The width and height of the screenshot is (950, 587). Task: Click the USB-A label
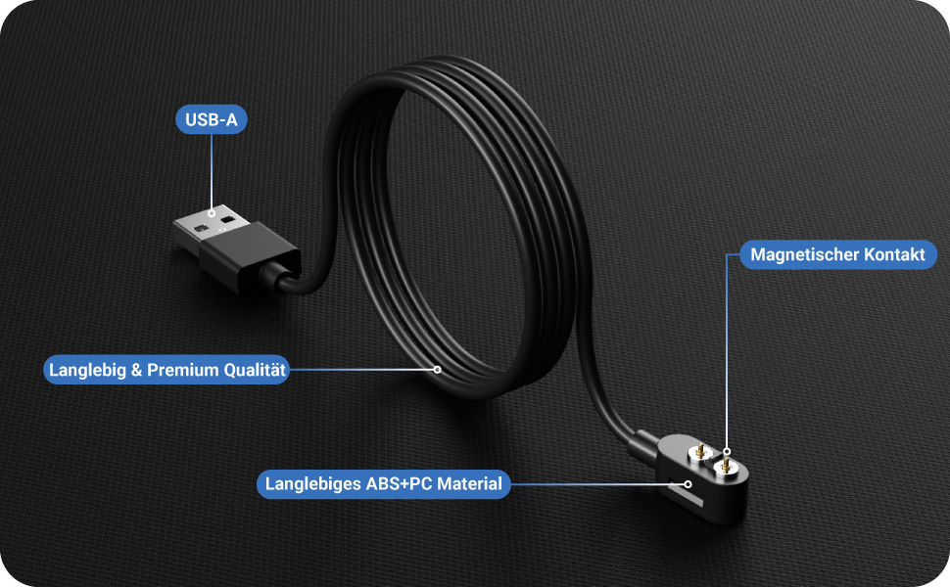coord(212,120)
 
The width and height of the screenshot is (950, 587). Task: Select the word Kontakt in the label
coord(894,255)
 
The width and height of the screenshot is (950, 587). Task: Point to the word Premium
coord(179,371)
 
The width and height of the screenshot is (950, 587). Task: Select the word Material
coord(469,483)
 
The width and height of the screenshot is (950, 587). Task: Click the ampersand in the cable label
coord(135,371)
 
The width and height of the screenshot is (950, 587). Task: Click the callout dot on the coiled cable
coord(437,370)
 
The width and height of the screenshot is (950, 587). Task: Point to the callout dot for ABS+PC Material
coord(689,482)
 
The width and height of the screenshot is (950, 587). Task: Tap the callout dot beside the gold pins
coord(726,443)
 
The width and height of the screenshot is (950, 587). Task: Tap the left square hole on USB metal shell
coord(203,228)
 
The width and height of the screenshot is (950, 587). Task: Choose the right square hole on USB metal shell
coord(229,220)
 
